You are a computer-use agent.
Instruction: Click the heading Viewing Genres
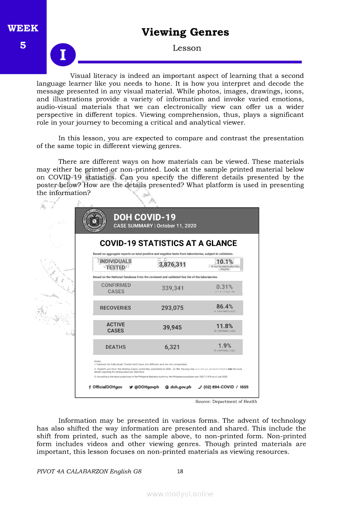tap(185, 32)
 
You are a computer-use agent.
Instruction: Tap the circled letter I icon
tap(63, 55)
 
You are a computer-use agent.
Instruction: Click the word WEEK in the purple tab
tap(23, 29)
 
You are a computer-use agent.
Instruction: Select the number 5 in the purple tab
tap(23, 45)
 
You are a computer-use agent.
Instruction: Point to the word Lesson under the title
tap(187, 48)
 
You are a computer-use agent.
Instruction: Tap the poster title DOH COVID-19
tap(144, 217)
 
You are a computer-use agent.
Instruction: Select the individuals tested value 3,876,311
tap(172, 264)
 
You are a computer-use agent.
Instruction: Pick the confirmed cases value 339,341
tap(173, 288)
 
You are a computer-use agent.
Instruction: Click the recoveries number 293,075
tap(172, 308)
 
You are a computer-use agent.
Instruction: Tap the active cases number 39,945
tap(172, 327)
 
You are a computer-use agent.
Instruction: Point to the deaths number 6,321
tap(172, 347)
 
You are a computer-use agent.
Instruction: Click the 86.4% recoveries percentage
tap(224, 307)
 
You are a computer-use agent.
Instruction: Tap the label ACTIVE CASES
tap(115, 327)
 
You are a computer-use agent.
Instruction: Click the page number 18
tap(180, 471)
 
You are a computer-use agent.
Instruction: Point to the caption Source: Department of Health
tap(226, 401)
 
